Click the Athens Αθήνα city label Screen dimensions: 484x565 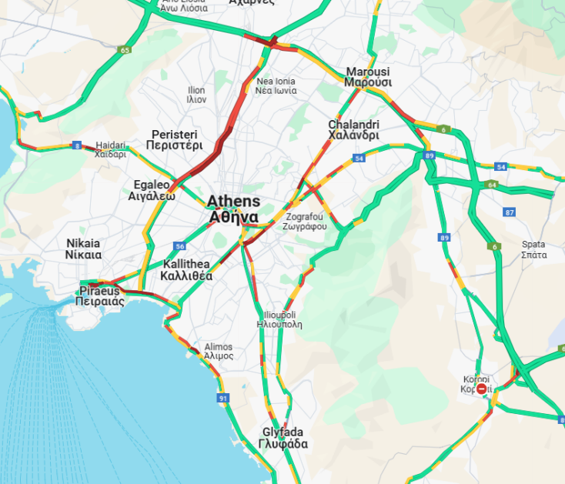point(233,209)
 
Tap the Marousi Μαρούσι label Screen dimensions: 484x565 point(367,76)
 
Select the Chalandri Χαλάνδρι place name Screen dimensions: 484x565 point(353,129)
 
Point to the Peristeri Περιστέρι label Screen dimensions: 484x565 point(176,139)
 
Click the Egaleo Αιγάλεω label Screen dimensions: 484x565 point(152,190)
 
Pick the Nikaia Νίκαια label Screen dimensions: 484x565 point(83,249)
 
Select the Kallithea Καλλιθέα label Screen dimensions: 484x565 point(186,269)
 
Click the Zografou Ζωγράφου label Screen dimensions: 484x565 point(305,221)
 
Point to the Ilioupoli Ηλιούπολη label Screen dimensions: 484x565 point(279,319)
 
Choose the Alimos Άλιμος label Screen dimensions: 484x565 point(219,352)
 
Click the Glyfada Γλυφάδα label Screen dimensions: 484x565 point(284,438)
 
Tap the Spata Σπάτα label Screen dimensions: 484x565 point(533,249)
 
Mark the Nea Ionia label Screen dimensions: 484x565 point(276,85)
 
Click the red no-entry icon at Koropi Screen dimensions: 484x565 point(482,389)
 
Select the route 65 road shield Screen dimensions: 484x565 point(125,50)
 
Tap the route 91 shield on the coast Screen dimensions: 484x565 point(223,398)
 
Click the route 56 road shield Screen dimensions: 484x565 point(179,246)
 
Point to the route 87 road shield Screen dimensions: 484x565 point(509,212)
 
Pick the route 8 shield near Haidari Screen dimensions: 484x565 point(77,145)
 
